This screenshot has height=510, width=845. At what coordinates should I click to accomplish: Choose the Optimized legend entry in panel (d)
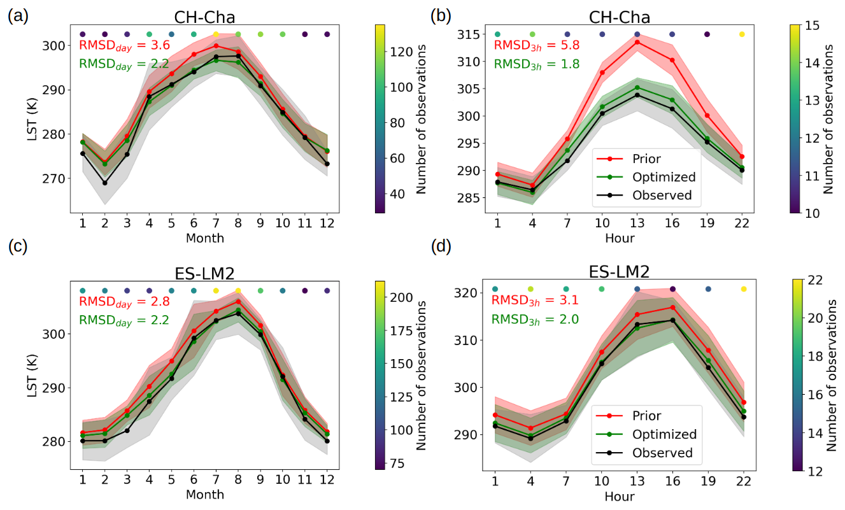click(x=664, y=434)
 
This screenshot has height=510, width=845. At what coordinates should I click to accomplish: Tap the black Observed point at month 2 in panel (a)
click(x=104, y=183)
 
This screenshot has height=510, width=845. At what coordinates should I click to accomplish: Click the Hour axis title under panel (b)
click(x=619, y=237)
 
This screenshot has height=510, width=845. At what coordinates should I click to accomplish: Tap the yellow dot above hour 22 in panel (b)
click(x=742, y=34)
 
